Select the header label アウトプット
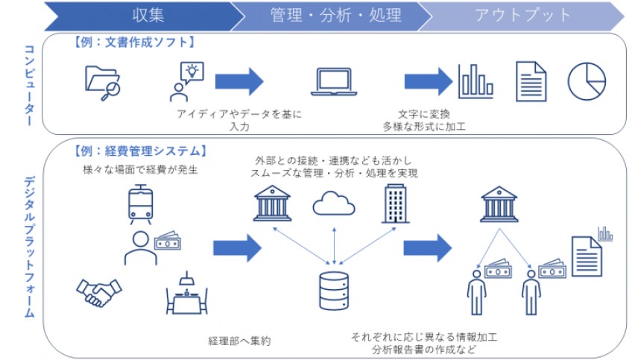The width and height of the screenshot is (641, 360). (x=523, y=14)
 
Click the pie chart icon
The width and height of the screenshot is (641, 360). (x=587, y=80)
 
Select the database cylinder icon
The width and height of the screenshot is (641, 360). (x=333, y=291)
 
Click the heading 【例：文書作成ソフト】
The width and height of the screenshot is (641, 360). (x=133, y=42)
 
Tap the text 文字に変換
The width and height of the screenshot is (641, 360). (x=424, y=113)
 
